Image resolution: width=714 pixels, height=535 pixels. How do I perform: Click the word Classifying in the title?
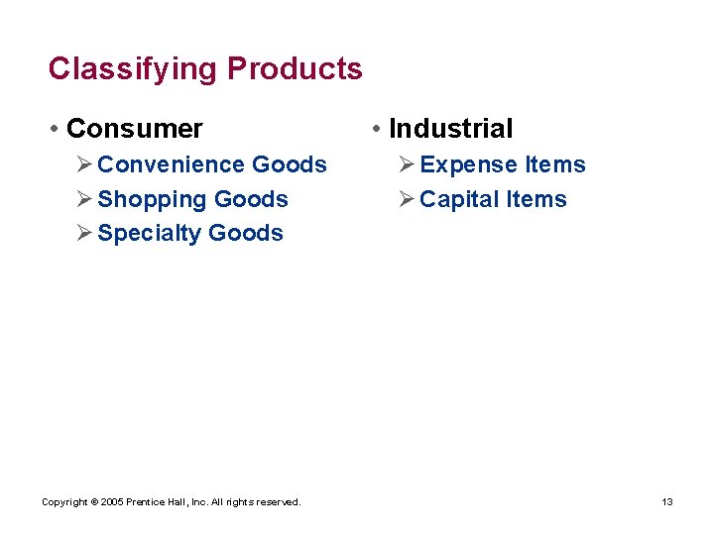[133, 69]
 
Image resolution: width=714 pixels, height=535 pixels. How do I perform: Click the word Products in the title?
[295, 68]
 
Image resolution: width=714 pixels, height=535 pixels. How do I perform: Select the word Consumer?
[134, 129]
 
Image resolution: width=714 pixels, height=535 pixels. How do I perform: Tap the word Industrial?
[450, 129]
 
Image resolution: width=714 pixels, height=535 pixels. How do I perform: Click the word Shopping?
[152, 199]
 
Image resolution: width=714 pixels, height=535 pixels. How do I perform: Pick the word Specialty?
[153, 234]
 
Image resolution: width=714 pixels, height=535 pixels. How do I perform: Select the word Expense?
[468, 164]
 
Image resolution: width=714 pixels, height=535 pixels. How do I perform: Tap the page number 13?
[667, 502]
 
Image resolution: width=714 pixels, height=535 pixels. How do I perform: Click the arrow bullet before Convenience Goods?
[84, 164]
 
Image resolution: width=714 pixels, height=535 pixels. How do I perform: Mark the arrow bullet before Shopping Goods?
[84, 199]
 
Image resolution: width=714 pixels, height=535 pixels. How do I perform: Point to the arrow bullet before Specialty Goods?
[84, 234]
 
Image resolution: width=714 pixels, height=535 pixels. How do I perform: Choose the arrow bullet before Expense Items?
[406, 164]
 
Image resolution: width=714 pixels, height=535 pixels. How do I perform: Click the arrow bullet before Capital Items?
[406, 199]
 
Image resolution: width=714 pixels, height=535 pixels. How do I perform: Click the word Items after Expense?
[554, 164]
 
